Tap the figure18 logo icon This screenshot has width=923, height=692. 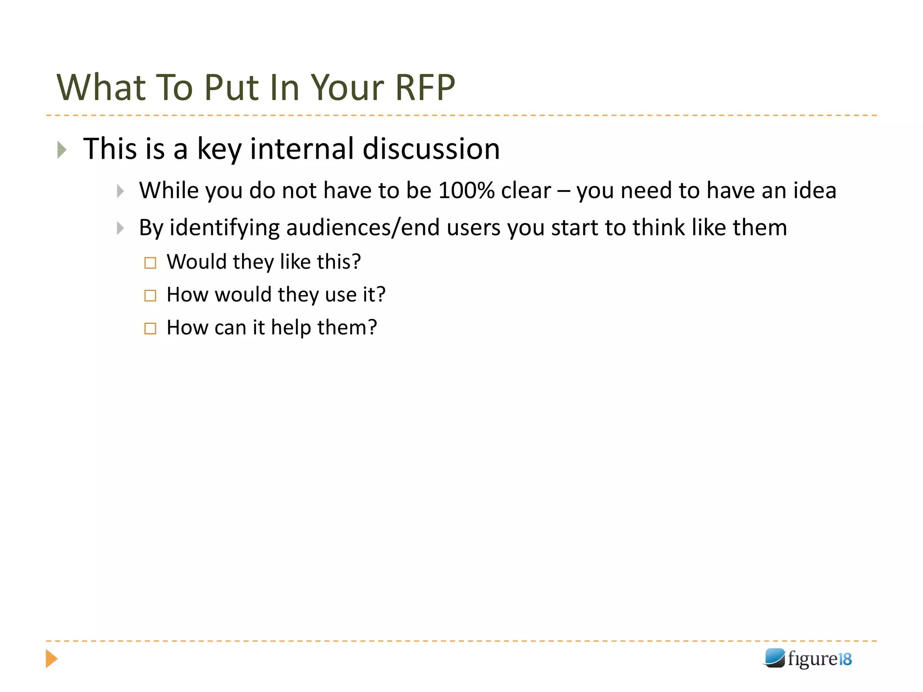click(x=775, y=658)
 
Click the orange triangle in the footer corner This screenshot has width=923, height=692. click(x=51, y=659)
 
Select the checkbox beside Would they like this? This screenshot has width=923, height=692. click(x=150, y=263)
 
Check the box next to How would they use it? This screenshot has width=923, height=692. click(x=150, y=296)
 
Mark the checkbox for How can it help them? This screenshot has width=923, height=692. click(x=150, y=328)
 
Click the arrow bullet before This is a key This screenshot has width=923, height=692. click(x=62, y=150)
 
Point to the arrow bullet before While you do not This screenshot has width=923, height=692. click(x=120, y=191)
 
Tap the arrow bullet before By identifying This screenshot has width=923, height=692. click(x=120, y=228)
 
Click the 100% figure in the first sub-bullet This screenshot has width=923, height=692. click(x=466, y=191)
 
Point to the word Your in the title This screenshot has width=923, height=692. click(x=347, y=87)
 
